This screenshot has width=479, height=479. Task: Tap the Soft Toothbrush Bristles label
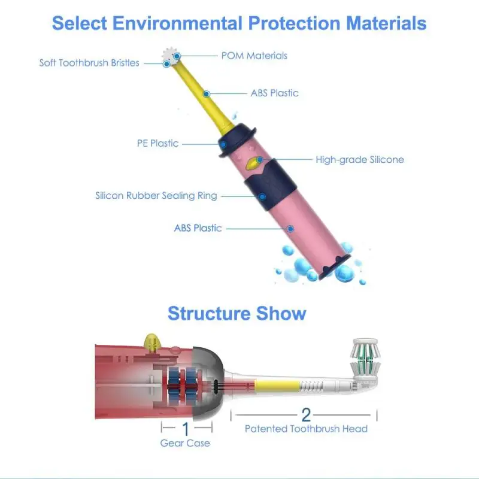tap(89, 63)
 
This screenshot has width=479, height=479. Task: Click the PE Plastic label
tap(157, 143)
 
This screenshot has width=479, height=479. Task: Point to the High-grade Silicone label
tap(360, 159)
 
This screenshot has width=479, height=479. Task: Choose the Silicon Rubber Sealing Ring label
tap(156, 195)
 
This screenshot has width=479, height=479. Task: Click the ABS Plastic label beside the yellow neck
tap(274, 93)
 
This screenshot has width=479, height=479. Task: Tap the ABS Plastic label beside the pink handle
tap(198, 228)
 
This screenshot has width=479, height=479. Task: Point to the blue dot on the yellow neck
tap(207, 93)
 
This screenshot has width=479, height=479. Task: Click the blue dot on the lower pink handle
tap(291, 228)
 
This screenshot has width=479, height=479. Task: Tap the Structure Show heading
tap(237, 313)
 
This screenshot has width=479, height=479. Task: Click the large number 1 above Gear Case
tap(185, 428)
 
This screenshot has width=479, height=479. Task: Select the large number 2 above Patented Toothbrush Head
tap(306, 414)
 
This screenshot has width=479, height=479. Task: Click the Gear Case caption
tap(185, 443)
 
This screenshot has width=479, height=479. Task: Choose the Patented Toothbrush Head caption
tap(306, 429)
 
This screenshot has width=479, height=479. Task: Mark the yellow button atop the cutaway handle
tap(150, 341)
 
